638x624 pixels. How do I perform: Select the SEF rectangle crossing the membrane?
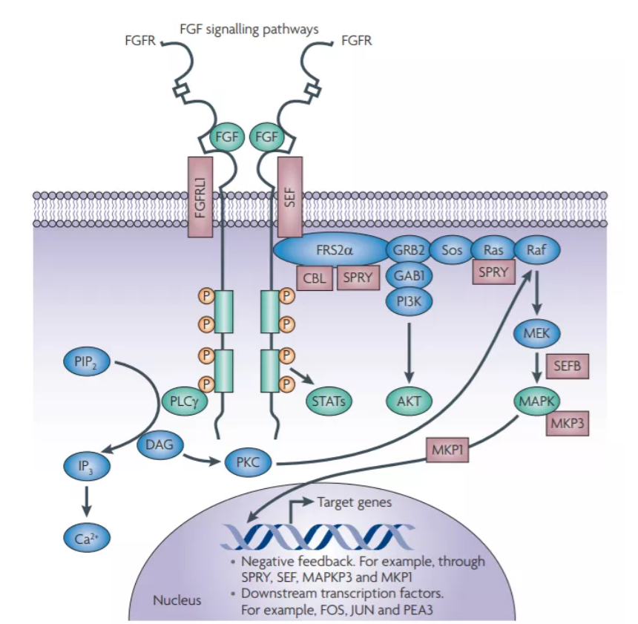[290, 197]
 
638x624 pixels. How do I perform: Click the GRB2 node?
[408, 250]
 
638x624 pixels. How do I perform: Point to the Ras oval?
[493, 250]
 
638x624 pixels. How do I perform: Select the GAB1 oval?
[408, 275]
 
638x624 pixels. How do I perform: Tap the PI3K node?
[408, 300]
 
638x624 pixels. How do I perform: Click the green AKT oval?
[408, 401]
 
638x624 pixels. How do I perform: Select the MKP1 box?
[447, 450]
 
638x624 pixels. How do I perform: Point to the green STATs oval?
[328, 401]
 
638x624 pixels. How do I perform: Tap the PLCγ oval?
[182, 401]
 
